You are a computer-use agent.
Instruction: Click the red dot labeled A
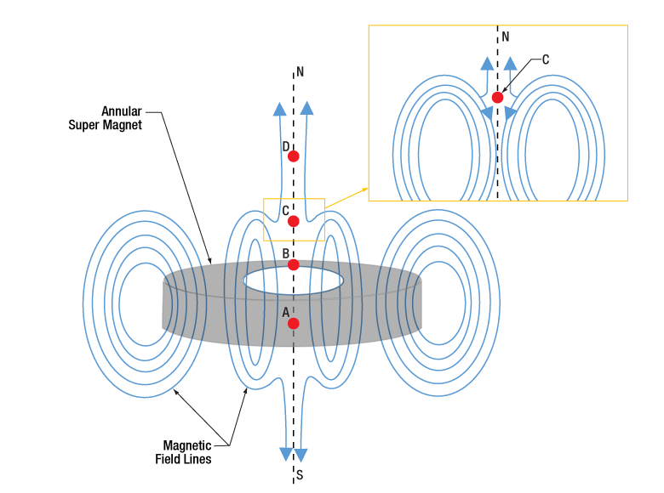click(x=293, y=324)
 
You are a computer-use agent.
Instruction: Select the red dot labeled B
click(x=293, y=264)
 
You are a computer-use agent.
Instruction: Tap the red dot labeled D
click(x=293, y=156)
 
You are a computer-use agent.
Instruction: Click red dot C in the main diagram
click(x=293, y=221)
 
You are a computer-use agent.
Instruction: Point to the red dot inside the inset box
click(x=497, y=98)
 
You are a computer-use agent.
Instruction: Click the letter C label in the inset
click(x=546, y=59)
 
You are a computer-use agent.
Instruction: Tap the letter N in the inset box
click(x=505, y=37)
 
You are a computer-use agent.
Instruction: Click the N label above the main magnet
click(x=300, y=72)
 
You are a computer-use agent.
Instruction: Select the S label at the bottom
click(x=300, y=475)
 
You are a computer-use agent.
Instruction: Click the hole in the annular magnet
click(x=293, y=280)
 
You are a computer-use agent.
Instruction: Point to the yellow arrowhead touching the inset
click(x=364, y=190)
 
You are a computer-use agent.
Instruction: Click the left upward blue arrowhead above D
click(x=279, y=109)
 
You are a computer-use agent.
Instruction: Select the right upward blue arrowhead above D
click(x=306, y=108)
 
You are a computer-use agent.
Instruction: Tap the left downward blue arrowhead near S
click(x=286, y=454)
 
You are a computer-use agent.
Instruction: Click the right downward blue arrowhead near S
click(x=301, y=456)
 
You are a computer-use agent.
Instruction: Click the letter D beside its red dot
click(x=286, y=147)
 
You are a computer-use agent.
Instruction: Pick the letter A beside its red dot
click(x=286, y=313)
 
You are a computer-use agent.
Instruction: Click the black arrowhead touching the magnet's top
click(x=209, y=260)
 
